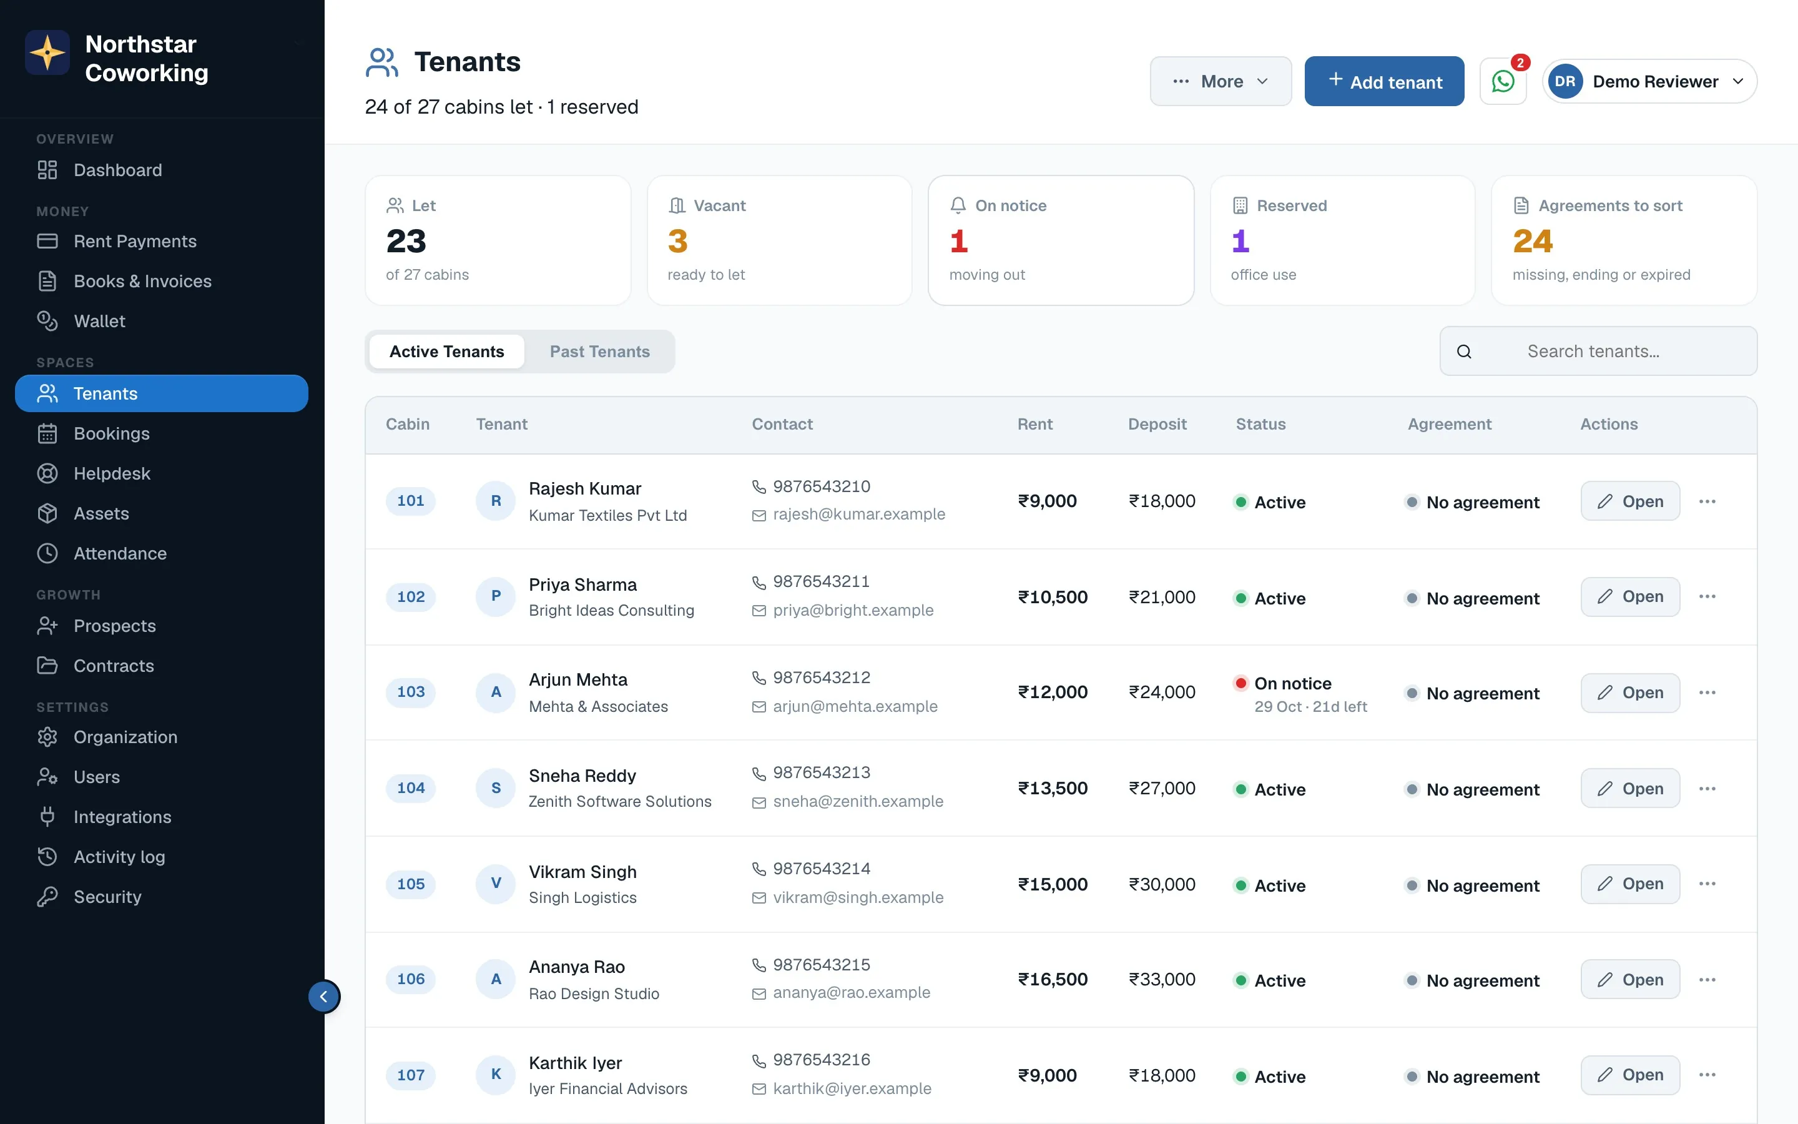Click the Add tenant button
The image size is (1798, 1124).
click(x=1384, y=81)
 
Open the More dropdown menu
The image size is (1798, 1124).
click(x=1221, y=81)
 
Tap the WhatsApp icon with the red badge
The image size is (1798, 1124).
click(x=1503, y=81)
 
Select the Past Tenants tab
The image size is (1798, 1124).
click(x=599, y=352)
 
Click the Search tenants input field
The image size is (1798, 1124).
click(x=1598, y=351)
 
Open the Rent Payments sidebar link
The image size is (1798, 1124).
click(x=134, y=241)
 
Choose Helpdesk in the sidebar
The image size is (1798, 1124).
click(x=112, y=473)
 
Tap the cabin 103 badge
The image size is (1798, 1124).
click(x=411, y=692)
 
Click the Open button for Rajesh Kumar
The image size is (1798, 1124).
click(x=1630, y=501)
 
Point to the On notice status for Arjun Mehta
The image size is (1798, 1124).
click(x=1293, y=683)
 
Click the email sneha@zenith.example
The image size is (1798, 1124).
click(x=858, y=801)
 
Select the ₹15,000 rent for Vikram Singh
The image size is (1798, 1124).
click(x=1053, y=884)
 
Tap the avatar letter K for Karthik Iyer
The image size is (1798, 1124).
click(x=496, y=1074)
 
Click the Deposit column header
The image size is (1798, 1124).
click(x=1157, y=424)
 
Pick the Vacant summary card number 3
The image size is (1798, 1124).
click(x=677, y=241)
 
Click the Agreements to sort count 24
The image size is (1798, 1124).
click(x=1532, y=241)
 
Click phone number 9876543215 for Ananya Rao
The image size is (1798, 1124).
click(x=822, y=964)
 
